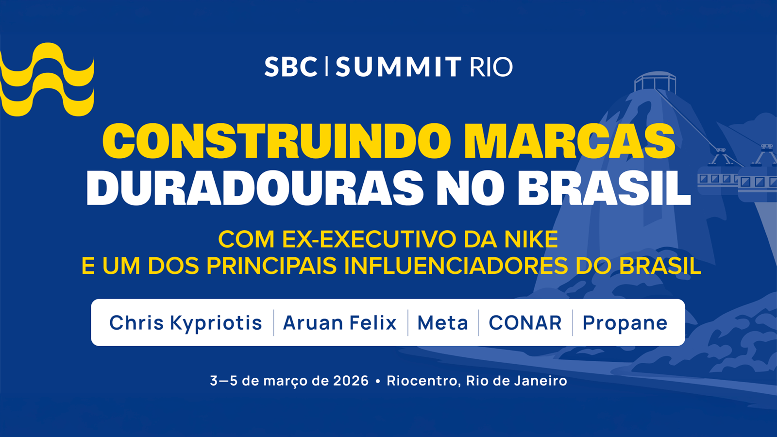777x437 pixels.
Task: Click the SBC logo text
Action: point(290,67)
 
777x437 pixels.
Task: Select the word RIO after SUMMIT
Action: point(491,67)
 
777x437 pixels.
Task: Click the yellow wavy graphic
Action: point(47,80)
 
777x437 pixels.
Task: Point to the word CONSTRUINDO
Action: point(277,141)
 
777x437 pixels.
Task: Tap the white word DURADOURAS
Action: point(255,188)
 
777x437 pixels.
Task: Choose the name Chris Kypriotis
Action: point(186,323)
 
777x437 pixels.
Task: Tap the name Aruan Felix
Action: point(339,323)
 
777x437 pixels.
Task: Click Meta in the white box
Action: point(442,323)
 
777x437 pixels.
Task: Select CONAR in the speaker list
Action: point(525,323)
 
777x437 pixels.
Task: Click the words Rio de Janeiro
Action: point(516,381)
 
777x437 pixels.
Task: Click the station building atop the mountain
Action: point(655,82)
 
